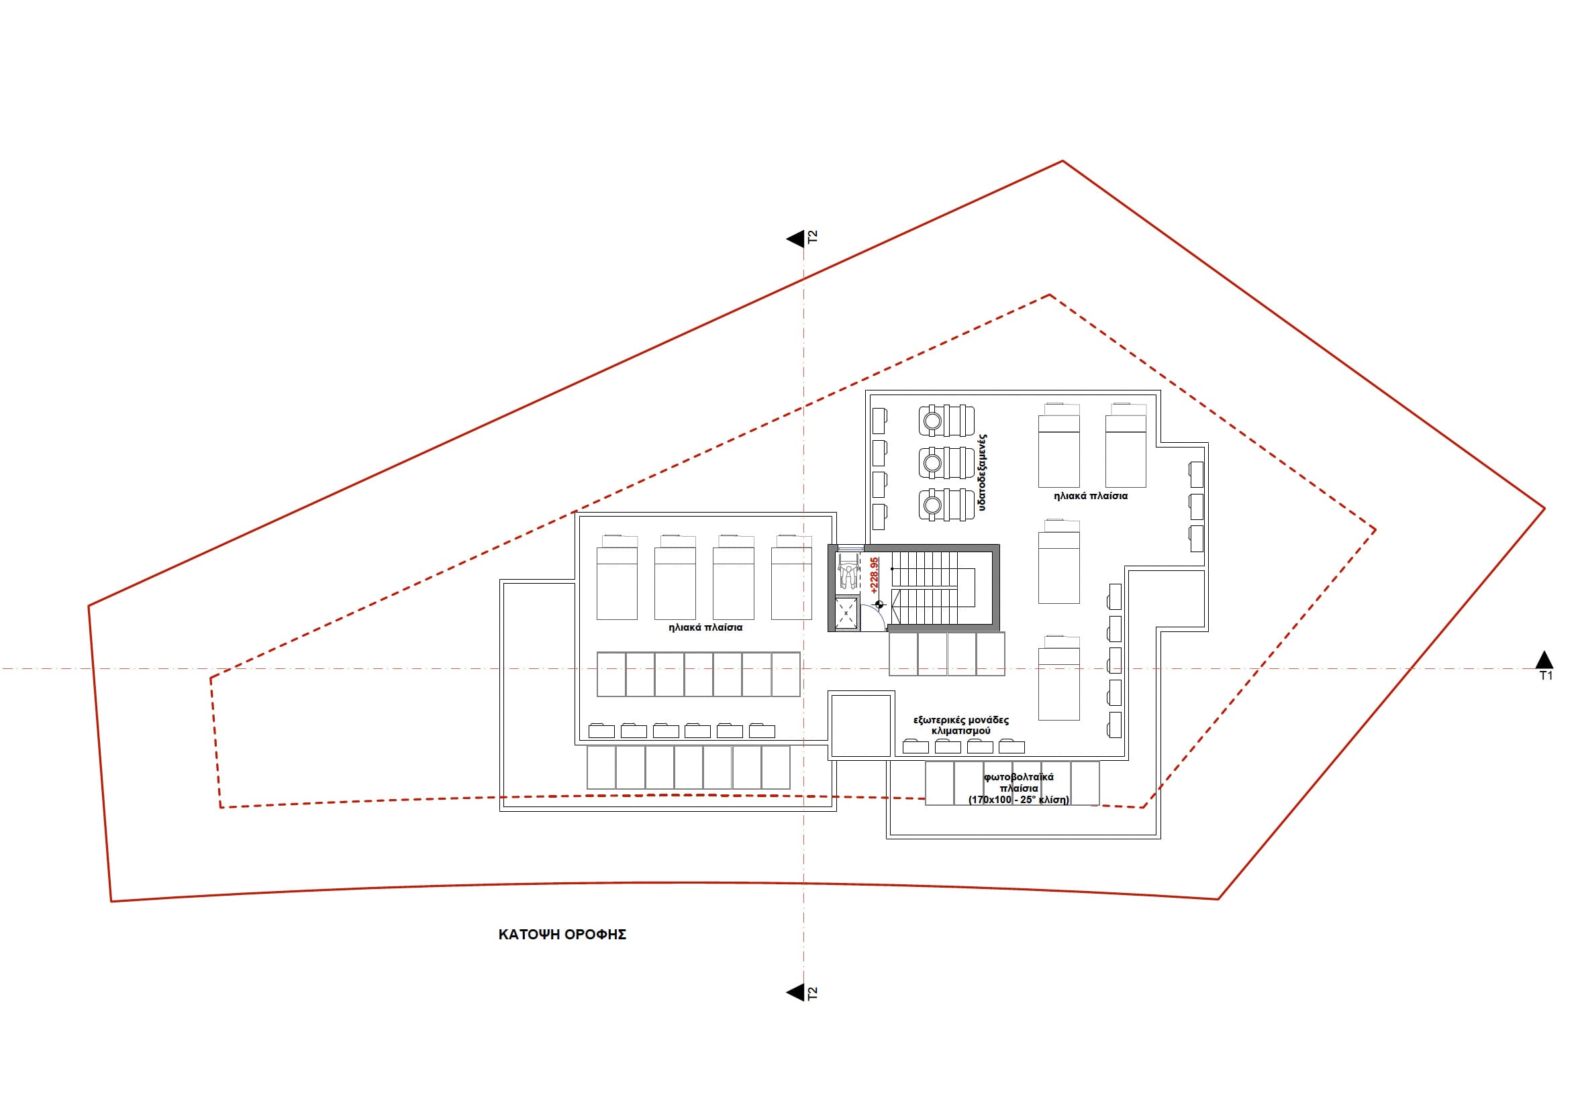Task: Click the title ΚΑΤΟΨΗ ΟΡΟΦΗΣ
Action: coord(562,935)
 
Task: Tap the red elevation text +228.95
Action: coord(874,575)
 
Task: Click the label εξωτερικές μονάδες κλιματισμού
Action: coord(960,725)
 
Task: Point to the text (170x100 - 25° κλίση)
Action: coord(1019,800)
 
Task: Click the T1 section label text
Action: coord(1546,676)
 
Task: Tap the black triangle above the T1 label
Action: coord(1545,659)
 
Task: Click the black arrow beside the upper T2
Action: coord(795,238)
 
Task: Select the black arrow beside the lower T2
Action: coord(795,992)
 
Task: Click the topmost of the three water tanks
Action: coord(946,420)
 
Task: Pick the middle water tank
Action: coord(946,463)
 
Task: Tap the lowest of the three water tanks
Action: coord(946,505)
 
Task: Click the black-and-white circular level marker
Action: coord(879,605)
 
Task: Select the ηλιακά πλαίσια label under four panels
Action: coord(705,627)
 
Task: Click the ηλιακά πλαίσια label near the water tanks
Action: coord(1091,495)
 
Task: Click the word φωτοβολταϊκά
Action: coord(1019,777)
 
